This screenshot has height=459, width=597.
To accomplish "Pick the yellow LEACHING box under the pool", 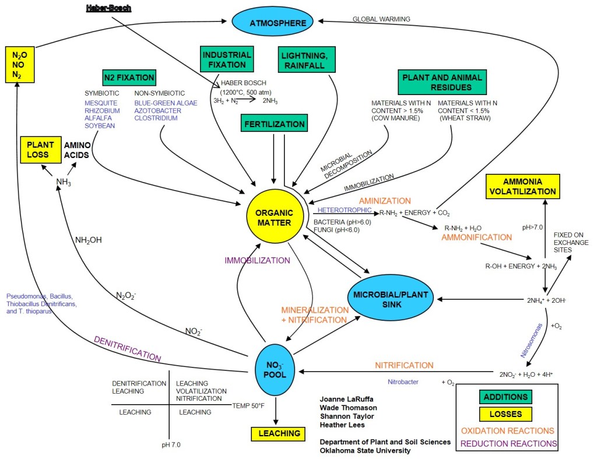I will (279, 433).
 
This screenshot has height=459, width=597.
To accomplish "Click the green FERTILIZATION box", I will (274, 124).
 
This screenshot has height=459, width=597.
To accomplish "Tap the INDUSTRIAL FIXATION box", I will (227, 59).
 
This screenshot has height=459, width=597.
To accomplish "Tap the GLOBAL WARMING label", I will (381, 19).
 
